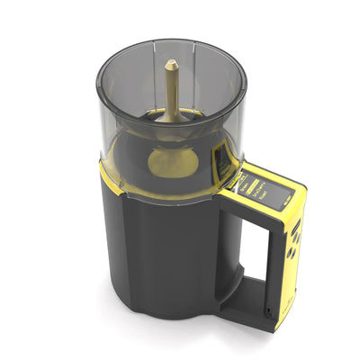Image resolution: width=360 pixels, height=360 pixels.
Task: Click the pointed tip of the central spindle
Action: [x=171, y=63]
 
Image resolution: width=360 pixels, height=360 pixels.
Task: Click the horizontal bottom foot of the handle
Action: [x=252, y=310]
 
